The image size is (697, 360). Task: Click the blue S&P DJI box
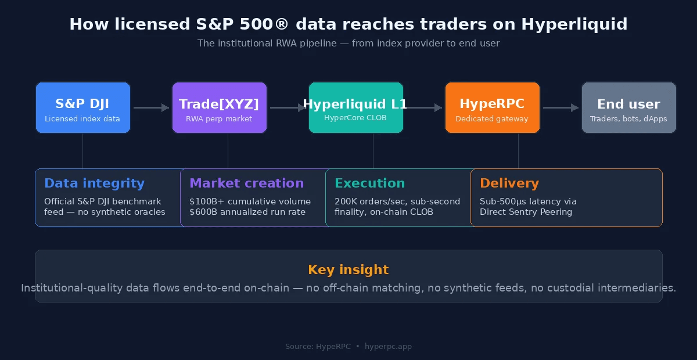coord(82,108)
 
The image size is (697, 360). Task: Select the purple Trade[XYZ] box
coord(219,108)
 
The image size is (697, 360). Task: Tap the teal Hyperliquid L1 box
coord(355,108)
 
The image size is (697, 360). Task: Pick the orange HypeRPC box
coord(492,108)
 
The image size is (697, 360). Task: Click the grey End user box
coord(628,108)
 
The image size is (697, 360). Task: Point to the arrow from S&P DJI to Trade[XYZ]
coord(151,107)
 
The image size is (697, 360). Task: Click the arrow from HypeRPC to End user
coord(561,107)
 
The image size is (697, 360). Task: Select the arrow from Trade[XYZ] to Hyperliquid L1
coord(288,107)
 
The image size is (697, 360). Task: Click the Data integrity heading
coord(94,183)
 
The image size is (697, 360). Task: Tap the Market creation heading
coord(246,183)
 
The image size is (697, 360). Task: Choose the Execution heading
coord(369,183)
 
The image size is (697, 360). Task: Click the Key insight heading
coord(348,270)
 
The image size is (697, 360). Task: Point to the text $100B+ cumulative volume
coord(250,201)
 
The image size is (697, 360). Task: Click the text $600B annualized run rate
coord(247,212)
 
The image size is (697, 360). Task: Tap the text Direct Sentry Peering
coord(526,212)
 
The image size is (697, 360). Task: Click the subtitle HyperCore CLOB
coord(355,117)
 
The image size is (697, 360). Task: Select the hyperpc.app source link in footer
coord(388,347)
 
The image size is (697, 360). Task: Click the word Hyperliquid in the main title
coord(574,24)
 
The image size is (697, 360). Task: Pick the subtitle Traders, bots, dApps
coord(628,119)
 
